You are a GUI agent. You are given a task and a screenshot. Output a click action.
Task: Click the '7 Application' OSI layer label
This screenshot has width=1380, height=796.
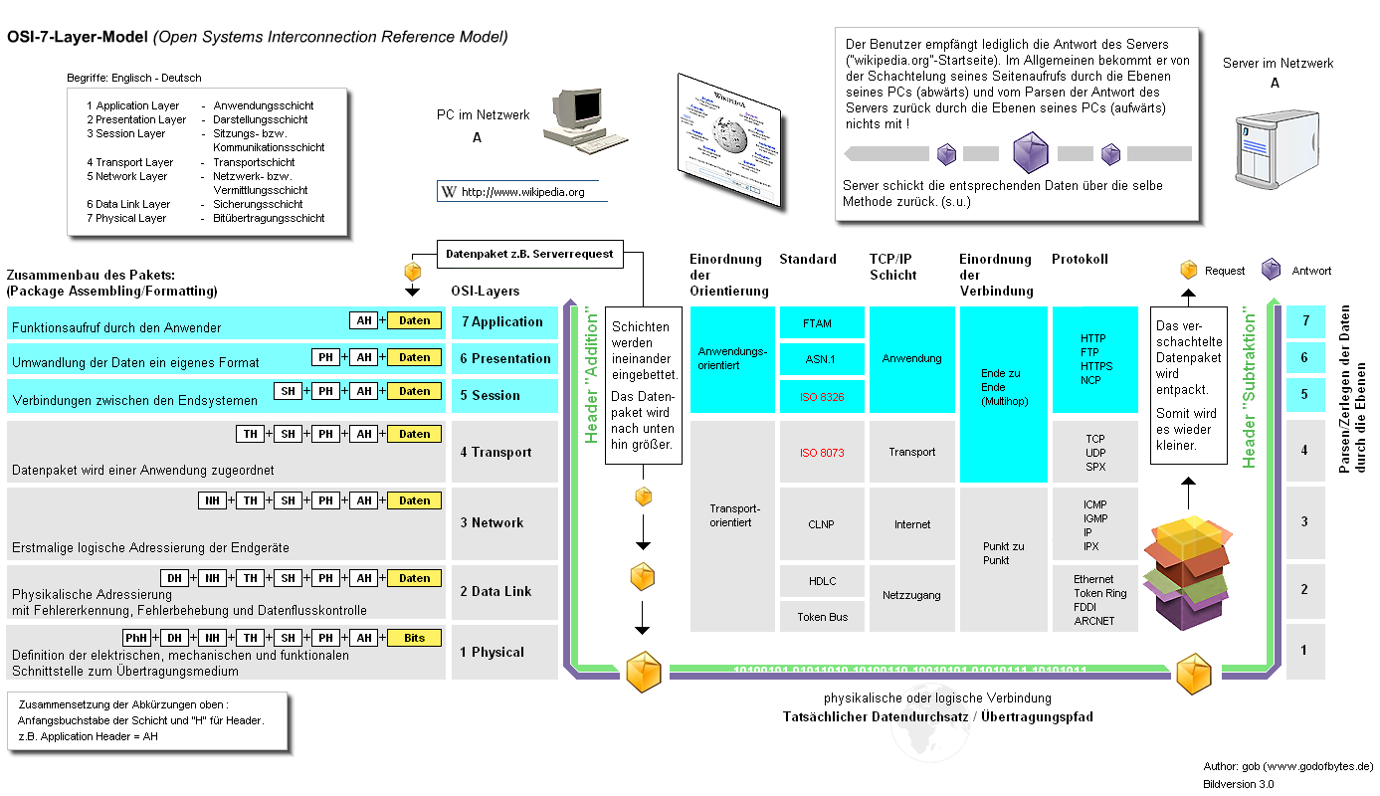(x=503, y=322)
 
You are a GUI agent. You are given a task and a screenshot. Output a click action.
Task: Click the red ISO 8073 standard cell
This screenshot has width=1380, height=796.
(x=821, y=453)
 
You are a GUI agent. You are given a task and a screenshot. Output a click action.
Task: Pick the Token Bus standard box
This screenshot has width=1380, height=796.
(x=822, y=617)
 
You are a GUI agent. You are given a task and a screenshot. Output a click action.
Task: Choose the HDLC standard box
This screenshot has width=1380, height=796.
(x=822, y=581)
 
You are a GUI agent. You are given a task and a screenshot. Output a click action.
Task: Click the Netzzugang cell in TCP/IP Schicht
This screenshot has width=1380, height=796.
(x=911, y=595)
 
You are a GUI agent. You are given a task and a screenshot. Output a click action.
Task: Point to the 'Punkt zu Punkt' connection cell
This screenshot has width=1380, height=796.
(x=1003, y=553)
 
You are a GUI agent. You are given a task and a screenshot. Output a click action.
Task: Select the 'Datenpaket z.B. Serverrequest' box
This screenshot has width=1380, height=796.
(x=530, y=254)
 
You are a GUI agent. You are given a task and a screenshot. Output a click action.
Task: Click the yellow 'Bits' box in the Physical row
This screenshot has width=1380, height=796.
(x=414, y=638)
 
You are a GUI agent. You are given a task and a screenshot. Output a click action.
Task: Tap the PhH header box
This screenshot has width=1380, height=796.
(x=136, y=638)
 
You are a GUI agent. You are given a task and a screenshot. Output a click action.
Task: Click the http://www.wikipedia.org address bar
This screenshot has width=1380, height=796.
(x=521, y=192)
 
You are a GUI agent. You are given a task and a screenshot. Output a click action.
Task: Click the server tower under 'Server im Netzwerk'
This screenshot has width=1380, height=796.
(x=1269, y=149)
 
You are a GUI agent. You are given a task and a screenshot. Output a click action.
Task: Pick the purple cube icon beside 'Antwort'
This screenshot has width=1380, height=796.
(x=1271, y=270)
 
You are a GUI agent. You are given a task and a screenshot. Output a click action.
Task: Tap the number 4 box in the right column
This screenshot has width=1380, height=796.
(x=1305, y=450)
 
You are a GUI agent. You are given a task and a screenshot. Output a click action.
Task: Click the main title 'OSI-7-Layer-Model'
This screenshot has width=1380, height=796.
(x=78, y=37)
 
